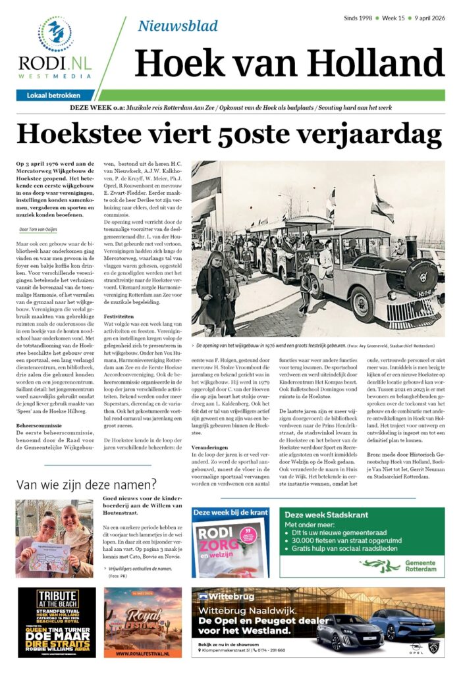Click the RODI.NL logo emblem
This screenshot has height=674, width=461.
tap(55, 34)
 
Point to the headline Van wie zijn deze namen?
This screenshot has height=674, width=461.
tap(86, 485)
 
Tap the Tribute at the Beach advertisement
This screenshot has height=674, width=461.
tap(56, 622)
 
